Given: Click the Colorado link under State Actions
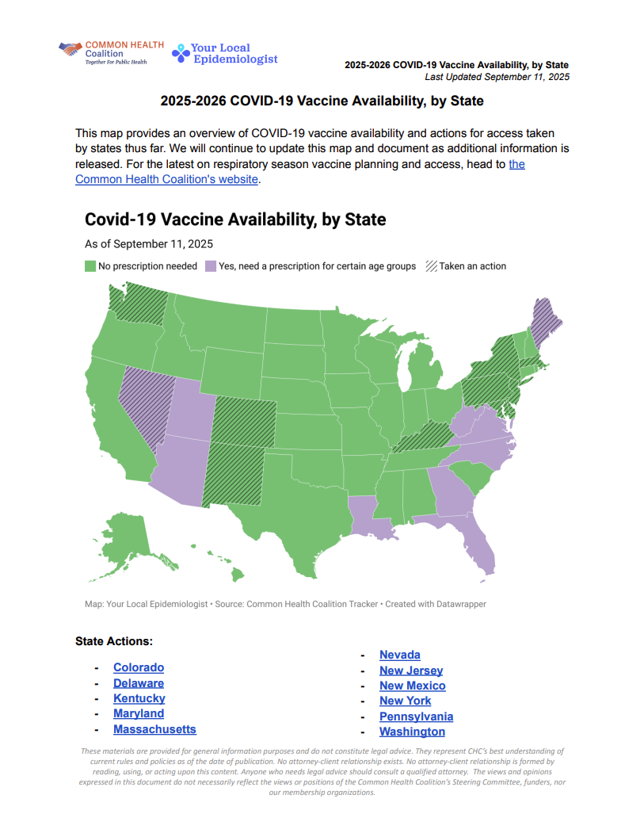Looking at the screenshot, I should [139, 667].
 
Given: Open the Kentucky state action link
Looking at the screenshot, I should [139, 698].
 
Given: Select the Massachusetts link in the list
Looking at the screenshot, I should [154, 729].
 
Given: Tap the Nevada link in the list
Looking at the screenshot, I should [400, 655].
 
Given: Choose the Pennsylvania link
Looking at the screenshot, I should [416, 716].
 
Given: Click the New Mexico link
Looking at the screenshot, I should [412, 686].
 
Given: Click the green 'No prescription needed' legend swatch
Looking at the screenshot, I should [90, 266].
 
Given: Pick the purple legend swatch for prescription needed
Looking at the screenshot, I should [211, 266].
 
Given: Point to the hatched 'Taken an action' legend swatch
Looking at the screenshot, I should [431, 266].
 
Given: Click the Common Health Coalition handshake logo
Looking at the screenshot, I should [70, 49].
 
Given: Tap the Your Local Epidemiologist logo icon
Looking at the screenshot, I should [181, 53].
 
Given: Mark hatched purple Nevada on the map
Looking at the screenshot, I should [140, 400].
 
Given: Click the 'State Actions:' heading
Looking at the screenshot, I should [114, 640].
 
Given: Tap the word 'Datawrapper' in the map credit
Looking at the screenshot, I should [458, 604].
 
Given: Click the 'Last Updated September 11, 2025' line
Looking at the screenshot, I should [497, 77].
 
